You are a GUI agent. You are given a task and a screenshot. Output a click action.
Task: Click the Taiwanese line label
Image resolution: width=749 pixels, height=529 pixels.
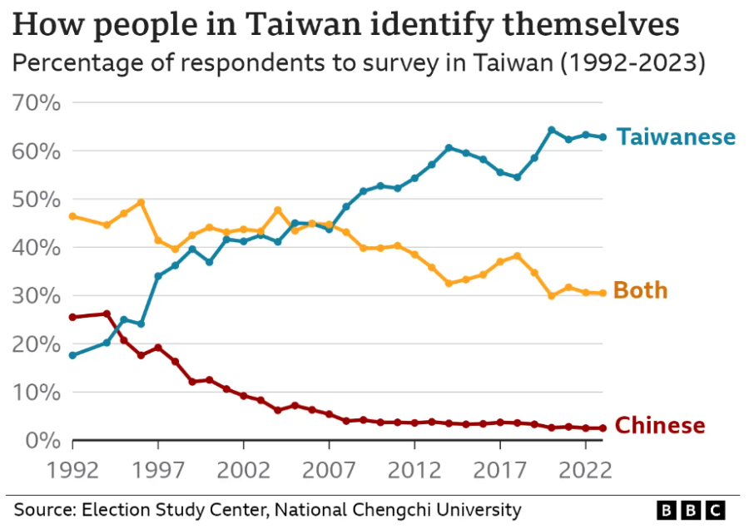676,137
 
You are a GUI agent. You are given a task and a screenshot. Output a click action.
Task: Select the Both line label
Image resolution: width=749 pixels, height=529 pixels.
640,290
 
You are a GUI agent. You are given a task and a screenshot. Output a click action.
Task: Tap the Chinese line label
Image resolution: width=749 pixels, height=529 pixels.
659,426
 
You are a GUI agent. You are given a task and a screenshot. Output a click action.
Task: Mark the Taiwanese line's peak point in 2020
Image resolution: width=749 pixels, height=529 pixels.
551,130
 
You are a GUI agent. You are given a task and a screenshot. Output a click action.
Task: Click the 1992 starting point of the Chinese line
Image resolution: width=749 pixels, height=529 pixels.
73,317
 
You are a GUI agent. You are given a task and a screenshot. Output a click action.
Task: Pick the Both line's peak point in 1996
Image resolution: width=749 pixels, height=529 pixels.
141,202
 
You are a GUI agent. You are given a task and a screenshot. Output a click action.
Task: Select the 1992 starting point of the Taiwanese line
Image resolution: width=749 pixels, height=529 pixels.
73,355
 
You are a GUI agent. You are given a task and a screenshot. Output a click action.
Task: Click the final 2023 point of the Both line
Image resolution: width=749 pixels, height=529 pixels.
602,293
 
